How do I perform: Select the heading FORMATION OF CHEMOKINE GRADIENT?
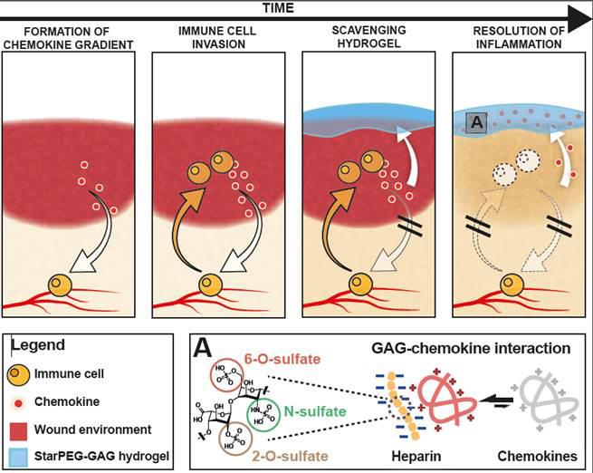point(69,37)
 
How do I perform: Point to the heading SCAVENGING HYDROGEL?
point(368,37)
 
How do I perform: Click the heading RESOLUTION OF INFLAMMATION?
point(518,37)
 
